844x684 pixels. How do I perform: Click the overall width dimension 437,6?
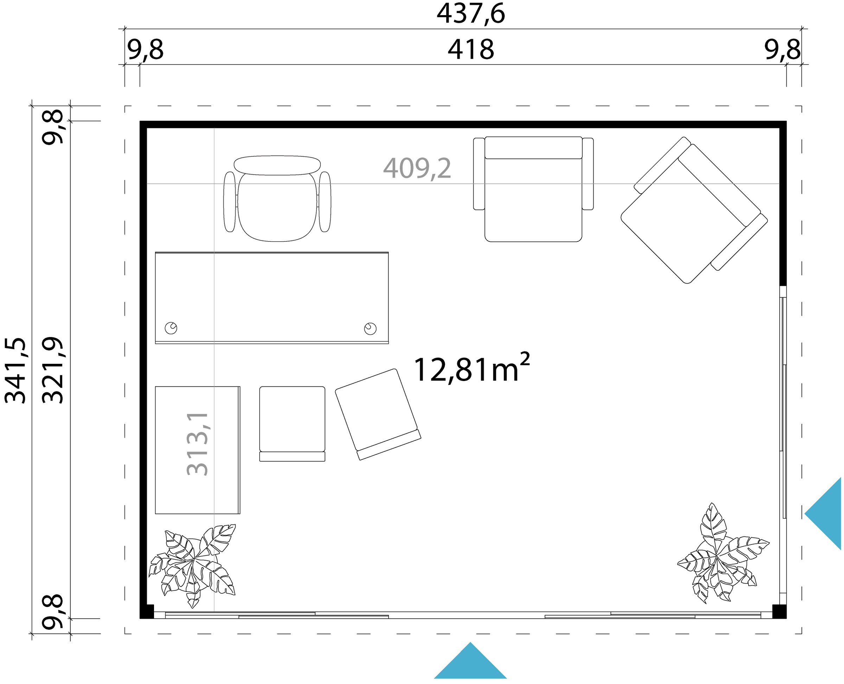(471, 14)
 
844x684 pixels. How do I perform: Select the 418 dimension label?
(471, 50)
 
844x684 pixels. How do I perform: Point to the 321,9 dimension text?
(53, 370)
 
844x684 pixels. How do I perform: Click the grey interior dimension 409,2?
(417, 169)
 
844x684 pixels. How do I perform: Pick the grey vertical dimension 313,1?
(197, 444)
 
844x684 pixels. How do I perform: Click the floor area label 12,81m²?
(471, 369)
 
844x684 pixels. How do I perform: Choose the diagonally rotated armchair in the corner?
(694, 210)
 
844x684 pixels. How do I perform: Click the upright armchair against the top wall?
(533, 189)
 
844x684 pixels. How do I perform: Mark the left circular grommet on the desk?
(171, 328)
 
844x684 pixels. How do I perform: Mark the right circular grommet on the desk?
(370, 329)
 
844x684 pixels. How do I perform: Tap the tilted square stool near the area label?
(378, 414)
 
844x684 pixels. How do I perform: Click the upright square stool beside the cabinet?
(292, 423)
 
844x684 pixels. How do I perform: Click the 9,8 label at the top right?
(782, 50)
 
